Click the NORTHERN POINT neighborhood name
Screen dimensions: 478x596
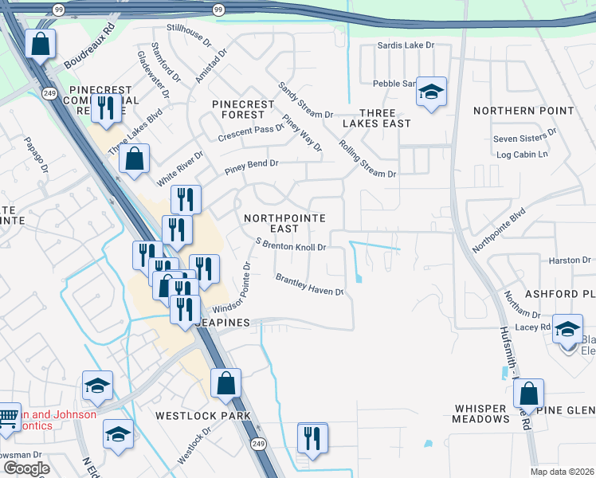pyautogui.click(x=523, y=111)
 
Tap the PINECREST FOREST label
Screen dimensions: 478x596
pyautogui.click(x=243, y=110)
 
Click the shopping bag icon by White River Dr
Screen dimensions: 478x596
pyautogui.click(x=135, y=159)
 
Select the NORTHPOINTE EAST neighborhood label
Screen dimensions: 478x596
pyautogui.click(x=284, y=223)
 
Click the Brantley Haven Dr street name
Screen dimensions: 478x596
pyautogui.click(x=309, y=285)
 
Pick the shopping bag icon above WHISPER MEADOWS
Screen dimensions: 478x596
pyautogui.click(x=528, y=394)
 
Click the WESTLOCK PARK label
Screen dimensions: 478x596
pyautogui.click(x=203, y=415)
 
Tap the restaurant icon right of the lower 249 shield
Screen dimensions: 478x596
pyautogui.click(x=312, y=438)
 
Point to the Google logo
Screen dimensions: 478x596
pyautogui.click(x=26, y=468)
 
